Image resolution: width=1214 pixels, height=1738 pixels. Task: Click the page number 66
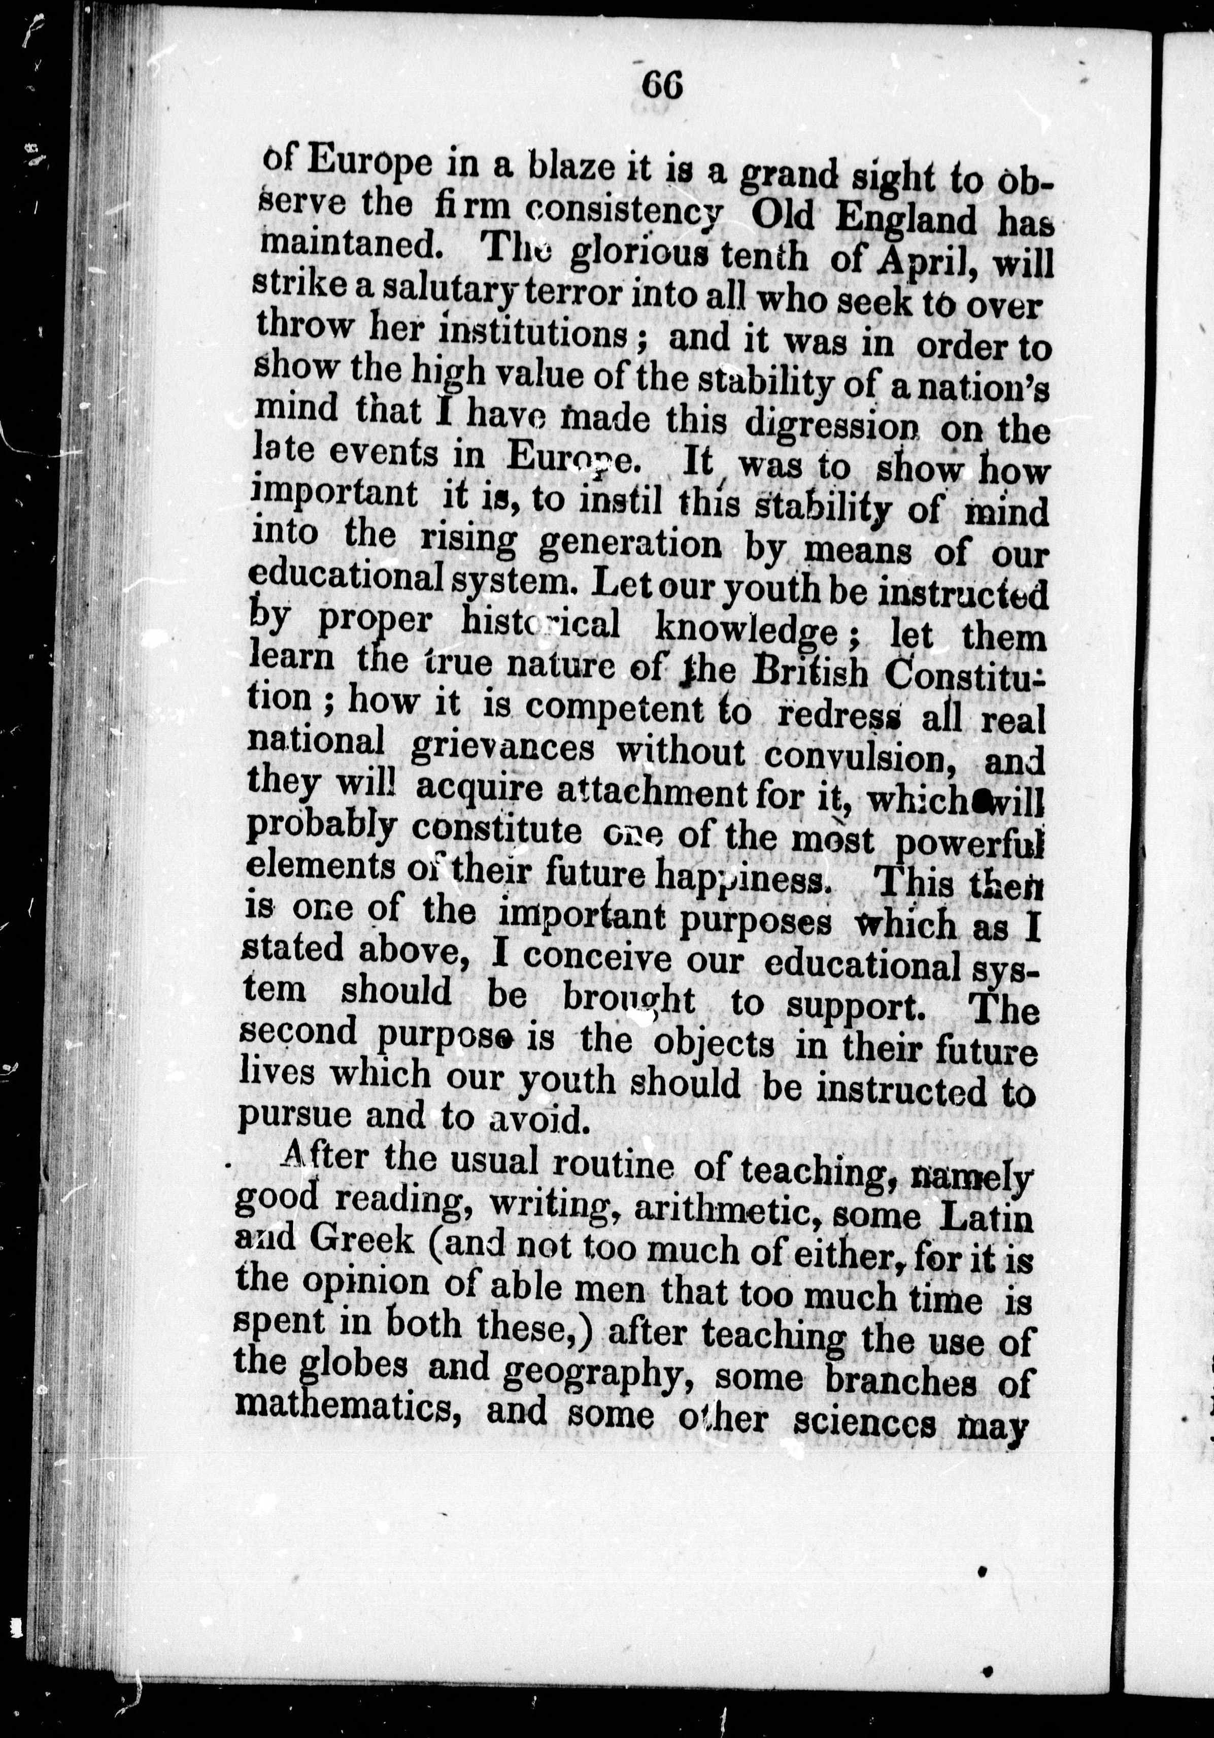pos(662,86)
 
